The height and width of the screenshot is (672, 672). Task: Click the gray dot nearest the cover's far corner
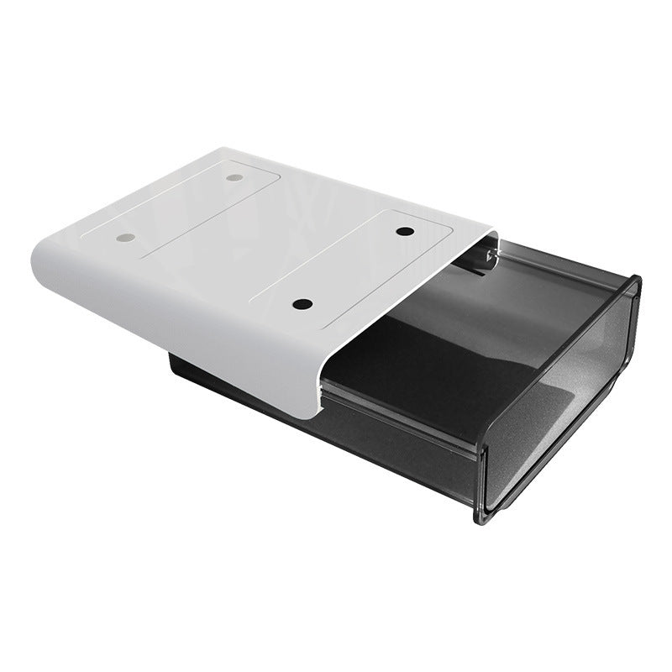click(x=234, y=178)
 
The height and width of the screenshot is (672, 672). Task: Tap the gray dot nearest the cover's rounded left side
click(x=126, y=238)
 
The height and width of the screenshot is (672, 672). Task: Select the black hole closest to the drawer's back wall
click(x=406, y=231)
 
